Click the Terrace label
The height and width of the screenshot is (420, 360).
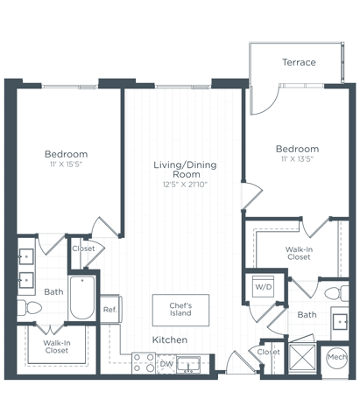click(x=299, y=62)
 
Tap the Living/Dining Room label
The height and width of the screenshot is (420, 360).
click(x=185, y=170)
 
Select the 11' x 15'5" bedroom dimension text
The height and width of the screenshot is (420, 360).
click(x=67, y=164)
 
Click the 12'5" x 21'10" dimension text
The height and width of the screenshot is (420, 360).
click(x=185, y=185)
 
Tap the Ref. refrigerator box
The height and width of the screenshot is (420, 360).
click(x=110, y=309)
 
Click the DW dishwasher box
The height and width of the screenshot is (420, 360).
click(x=166, y=363)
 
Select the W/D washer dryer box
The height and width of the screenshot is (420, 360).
click(x=263, y=287)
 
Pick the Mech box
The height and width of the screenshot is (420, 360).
click(x=336, y=357)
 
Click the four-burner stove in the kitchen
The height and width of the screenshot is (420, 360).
click(x=144, y=363)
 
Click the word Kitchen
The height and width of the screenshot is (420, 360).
click(x=169, y=339)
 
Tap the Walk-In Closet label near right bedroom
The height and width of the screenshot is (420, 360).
click(x=298, y=253)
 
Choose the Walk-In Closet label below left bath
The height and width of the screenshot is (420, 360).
click(x=55, y=347)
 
